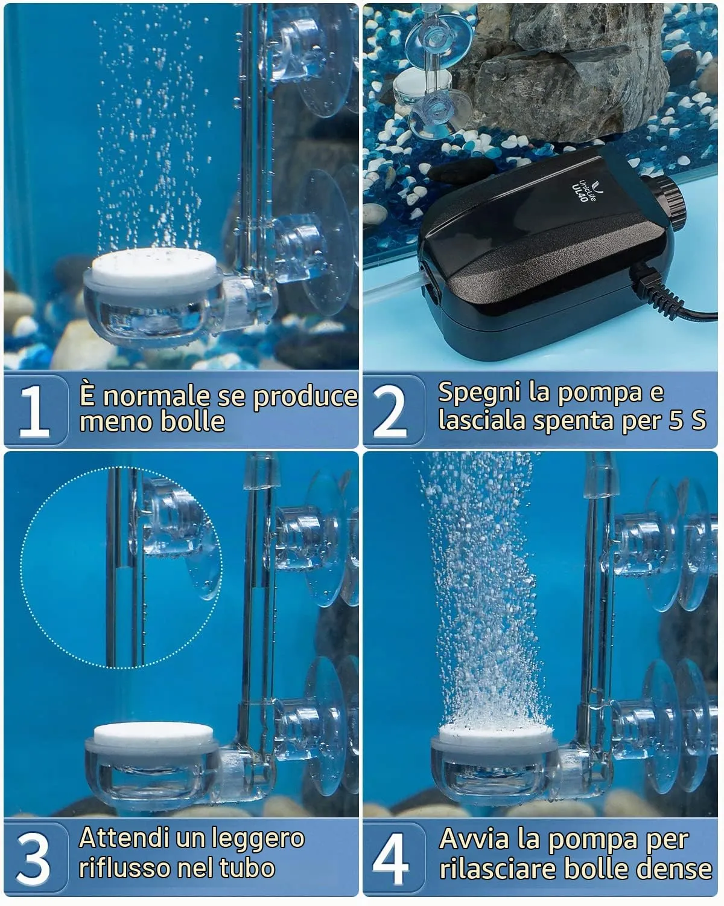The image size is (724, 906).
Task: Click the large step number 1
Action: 34,411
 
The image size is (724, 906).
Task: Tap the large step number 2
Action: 390,411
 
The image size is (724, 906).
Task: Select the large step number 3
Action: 33,858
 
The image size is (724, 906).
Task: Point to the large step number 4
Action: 390,858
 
